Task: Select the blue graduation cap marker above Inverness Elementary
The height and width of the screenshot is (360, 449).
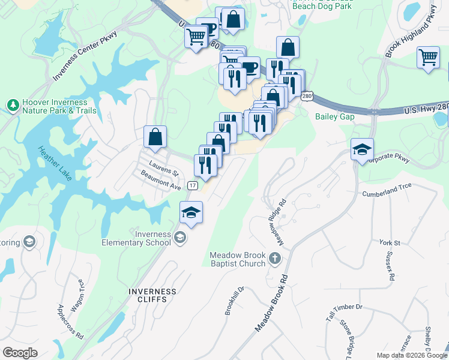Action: (191, 212)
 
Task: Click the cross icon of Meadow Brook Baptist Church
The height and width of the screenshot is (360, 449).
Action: (275, 259)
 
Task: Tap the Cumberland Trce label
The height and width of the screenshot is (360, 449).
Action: (387, 194)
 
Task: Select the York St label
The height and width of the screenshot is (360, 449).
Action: (390, 242)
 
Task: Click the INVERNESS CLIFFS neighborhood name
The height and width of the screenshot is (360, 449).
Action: (152, 296)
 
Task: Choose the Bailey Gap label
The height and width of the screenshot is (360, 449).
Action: (334, 116)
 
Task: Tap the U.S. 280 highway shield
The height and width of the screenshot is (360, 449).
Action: (307, 96)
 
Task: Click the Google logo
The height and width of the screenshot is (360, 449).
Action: (20, 353)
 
